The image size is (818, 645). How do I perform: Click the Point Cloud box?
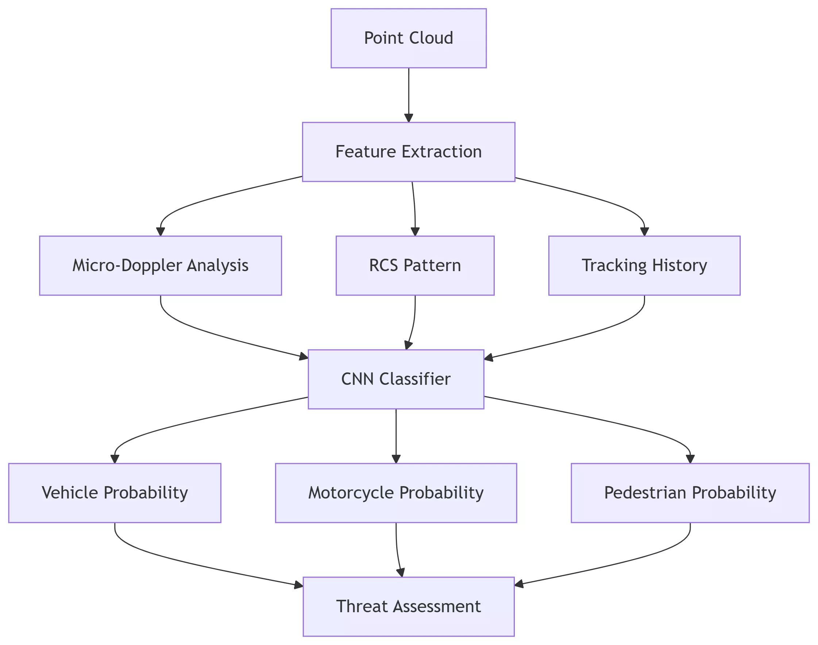point(409,38)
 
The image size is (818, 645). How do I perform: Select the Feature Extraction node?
point(409,152)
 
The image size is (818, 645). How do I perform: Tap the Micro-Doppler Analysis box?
point(160,266)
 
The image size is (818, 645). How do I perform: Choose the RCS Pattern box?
point(415,266)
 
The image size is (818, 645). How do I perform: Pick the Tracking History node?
point(644,266)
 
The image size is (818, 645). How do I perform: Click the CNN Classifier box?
point(396,379)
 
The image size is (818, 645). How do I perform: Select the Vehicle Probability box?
point(115,493)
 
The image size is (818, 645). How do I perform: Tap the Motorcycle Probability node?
point(396,493)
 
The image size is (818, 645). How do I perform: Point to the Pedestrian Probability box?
point(690,493)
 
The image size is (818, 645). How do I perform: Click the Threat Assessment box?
point(409,606)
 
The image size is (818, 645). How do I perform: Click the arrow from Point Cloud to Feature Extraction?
point(409,94)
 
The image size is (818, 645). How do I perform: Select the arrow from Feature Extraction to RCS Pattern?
point(414,208)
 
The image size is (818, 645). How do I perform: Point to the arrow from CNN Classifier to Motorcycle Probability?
point(396,435)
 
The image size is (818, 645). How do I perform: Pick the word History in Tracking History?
point(680,266)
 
